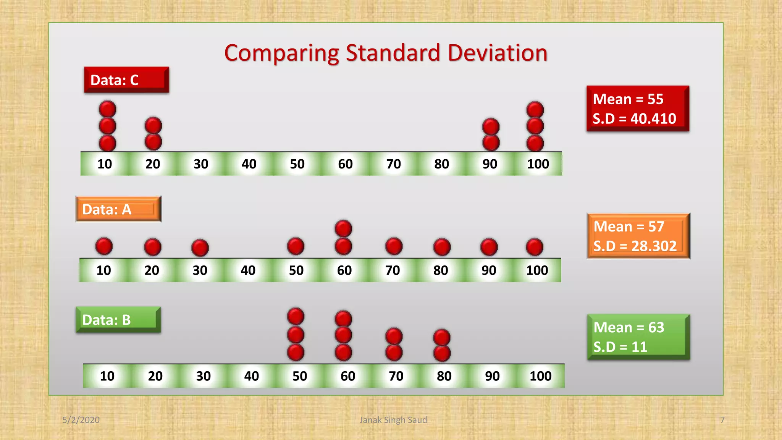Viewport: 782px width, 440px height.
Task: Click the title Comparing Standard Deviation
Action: pyautogui.click(x=386, y=53)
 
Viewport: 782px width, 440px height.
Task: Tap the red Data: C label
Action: pyautogui.click(x=126, y=80)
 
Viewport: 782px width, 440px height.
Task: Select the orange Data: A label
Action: pyautogui.click(x=118, y=209)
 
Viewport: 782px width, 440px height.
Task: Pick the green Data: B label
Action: pyautogui.click(x=118, y=320)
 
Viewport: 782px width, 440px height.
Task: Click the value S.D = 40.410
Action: pyautogui.click(x=634, y=118)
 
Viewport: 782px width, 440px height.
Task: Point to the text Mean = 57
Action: pyautogui.click(x=629, y=226)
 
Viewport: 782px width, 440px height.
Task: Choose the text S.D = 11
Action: pyautogui.click(x=620, y=347)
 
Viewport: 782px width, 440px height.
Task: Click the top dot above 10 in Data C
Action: pyautogui.click(x=107, y=109)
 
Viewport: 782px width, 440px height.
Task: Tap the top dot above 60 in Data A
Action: pyautogui.click(x=343, y=228)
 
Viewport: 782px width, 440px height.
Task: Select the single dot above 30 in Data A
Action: pyautogui.click(x=200, y=248)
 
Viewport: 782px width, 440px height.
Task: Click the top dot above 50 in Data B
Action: pyautogui.click(x=296, y=316)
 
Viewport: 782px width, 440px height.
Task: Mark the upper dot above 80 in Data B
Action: pyautogui.click(x=442, y=338)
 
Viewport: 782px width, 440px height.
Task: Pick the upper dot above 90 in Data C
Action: pyautogui.click(x=491, y=127)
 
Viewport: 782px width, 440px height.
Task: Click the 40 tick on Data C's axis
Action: pyautogui.click(x=249, y=164)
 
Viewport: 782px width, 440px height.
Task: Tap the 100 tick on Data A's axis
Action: pyautogui.click(x=537, y=270)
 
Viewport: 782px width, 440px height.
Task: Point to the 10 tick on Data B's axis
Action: pyautogui.click(x=107, y=376)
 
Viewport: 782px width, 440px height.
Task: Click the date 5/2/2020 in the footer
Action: pyautogui.click(x=81, y=420)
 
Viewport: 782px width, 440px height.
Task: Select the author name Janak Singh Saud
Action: pyautogui.click(x=393, y=420)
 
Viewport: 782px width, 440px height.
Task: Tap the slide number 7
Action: pyautogui.click(x=722, y=420)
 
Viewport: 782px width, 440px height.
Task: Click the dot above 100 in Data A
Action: pyautogui.click(x=534, y=247)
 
